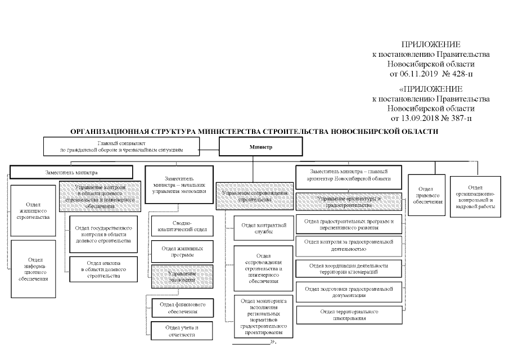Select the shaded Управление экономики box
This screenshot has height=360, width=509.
click(182, 276)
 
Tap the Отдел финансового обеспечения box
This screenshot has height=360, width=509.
click(182, 308)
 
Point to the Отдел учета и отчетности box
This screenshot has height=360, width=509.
click(182, 330)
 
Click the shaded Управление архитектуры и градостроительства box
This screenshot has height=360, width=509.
click(349, 201)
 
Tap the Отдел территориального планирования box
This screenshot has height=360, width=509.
click(349, 314)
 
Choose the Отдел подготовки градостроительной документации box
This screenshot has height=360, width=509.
click(349, 291)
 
